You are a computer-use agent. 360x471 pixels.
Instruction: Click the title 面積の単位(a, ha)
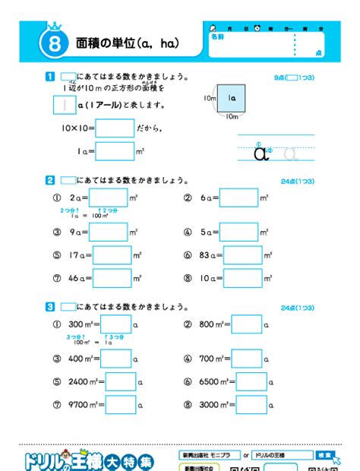point(128,43)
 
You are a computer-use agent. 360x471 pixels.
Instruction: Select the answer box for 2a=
point(113,198)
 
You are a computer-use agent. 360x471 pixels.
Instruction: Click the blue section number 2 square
point(50,180)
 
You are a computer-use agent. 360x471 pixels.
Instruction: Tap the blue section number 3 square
point(50,307)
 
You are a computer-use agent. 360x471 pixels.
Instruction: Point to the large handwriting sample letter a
point(262,153)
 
